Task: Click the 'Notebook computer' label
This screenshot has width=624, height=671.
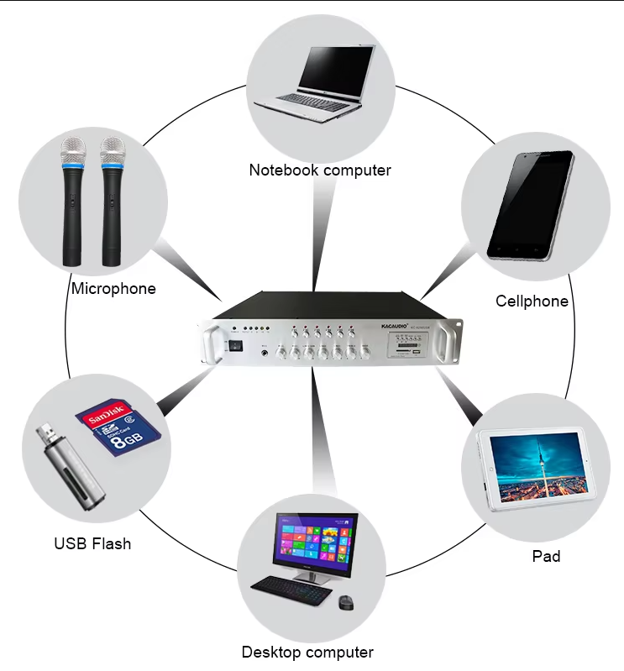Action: coord(319,170)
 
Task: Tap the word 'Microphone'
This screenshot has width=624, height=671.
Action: coord(113,289)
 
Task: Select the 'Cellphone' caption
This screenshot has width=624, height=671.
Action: coord(532,301)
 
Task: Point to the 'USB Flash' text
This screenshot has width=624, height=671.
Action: coord(92,543)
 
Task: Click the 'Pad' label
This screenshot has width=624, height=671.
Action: coord(546,556)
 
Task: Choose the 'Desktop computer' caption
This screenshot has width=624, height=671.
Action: coord(307,652)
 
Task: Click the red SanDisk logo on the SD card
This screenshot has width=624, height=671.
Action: coord(106,415)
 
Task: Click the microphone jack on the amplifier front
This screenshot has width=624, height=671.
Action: coord(266,354)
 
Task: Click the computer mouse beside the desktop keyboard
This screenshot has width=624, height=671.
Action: coord(346,602)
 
